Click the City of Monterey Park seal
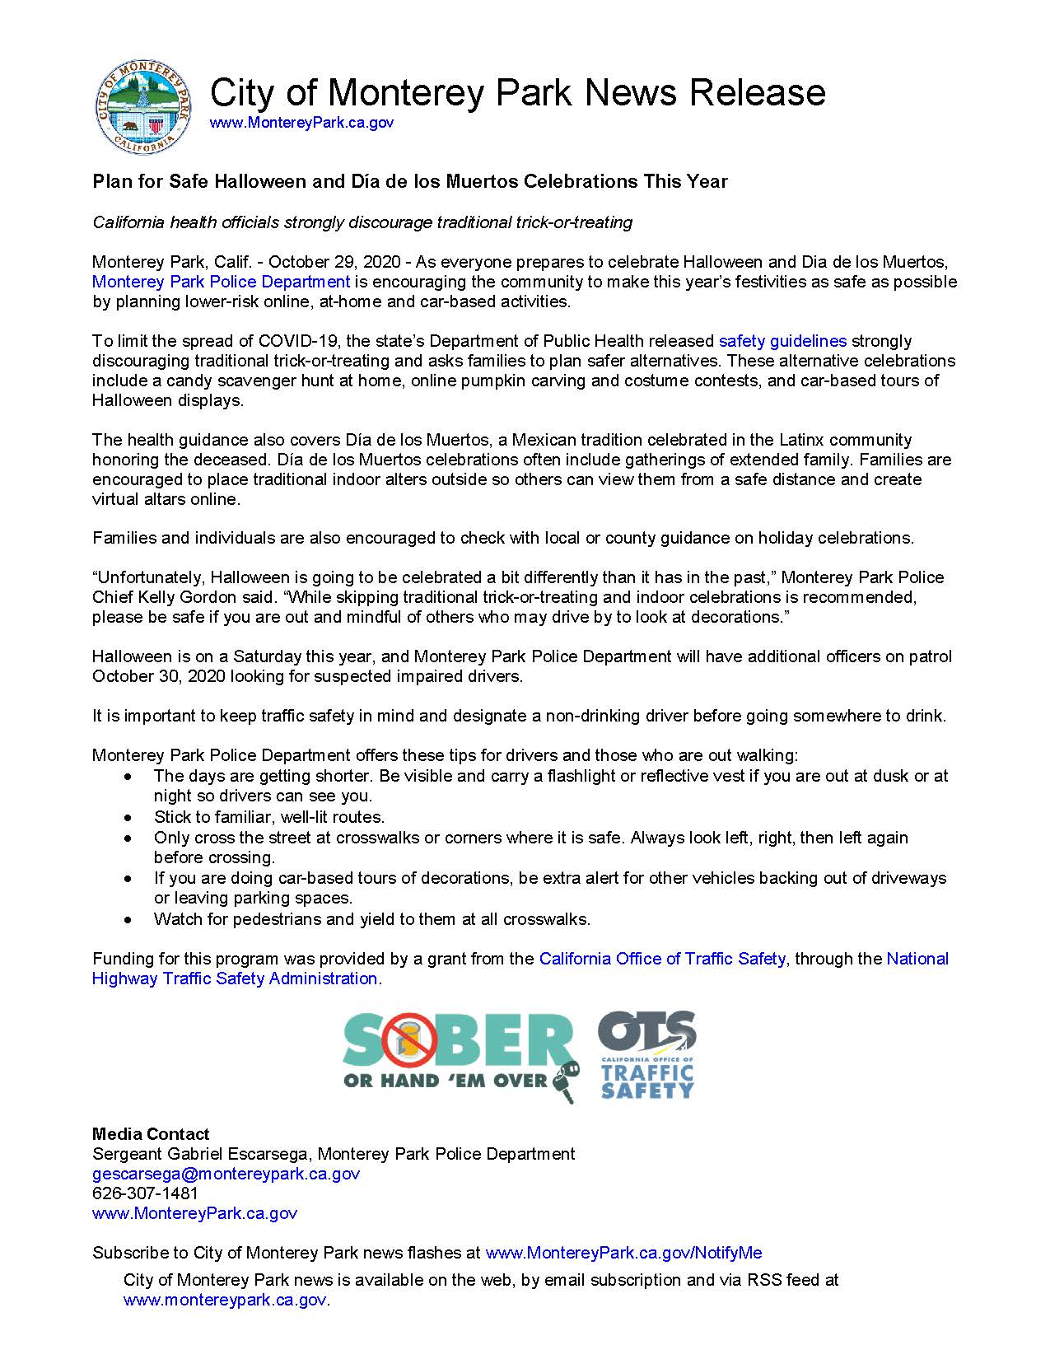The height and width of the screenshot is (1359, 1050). (x=145, y=108)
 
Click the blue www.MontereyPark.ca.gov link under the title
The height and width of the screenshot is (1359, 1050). (x=301, y=123)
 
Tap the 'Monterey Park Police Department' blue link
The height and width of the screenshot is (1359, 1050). (x=221, y=282)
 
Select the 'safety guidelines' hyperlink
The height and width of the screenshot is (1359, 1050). (x=782, y=341)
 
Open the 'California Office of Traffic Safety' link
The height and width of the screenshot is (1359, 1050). (x=662, y=959)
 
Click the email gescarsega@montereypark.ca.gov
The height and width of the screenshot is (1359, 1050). (x=226, y=1174)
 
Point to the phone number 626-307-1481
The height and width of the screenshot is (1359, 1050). (x=145, y=1193)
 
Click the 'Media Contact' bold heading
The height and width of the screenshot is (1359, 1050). (x=151, y=1134)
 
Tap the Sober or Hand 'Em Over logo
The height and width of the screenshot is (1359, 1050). (x=460, y=1057)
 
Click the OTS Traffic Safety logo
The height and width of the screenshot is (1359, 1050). (x=647, y=1056)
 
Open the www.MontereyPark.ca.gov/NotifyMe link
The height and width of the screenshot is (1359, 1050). (x=623, y=1253)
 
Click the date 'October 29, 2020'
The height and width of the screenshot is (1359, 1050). (x=334, y=262)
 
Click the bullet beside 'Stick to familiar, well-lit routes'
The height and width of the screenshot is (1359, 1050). (x=127, y=818)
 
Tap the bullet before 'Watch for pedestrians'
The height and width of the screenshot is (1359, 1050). (x=127, y=919)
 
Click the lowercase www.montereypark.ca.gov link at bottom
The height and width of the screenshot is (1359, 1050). (x=225, y=1300)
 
